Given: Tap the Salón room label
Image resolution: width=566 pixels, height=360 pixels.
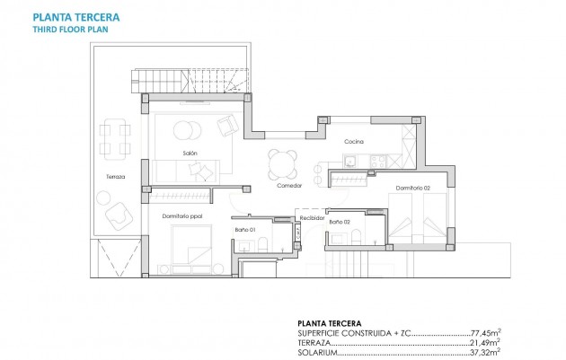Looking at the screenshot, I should pyautogui.click(x=190, y=154).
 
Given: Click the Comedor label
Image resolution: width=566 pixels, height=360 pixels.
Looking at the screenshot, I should pyautogui.click(x=288, y=186).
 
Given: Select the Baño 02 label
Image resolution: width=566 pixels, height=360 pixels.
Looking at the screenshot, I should pyautogui.click(x=340, y=221).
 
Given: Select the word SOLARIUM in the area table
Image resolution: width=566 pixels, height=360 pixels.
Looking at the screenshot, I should pyautogui.click(x=314, y=352).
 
